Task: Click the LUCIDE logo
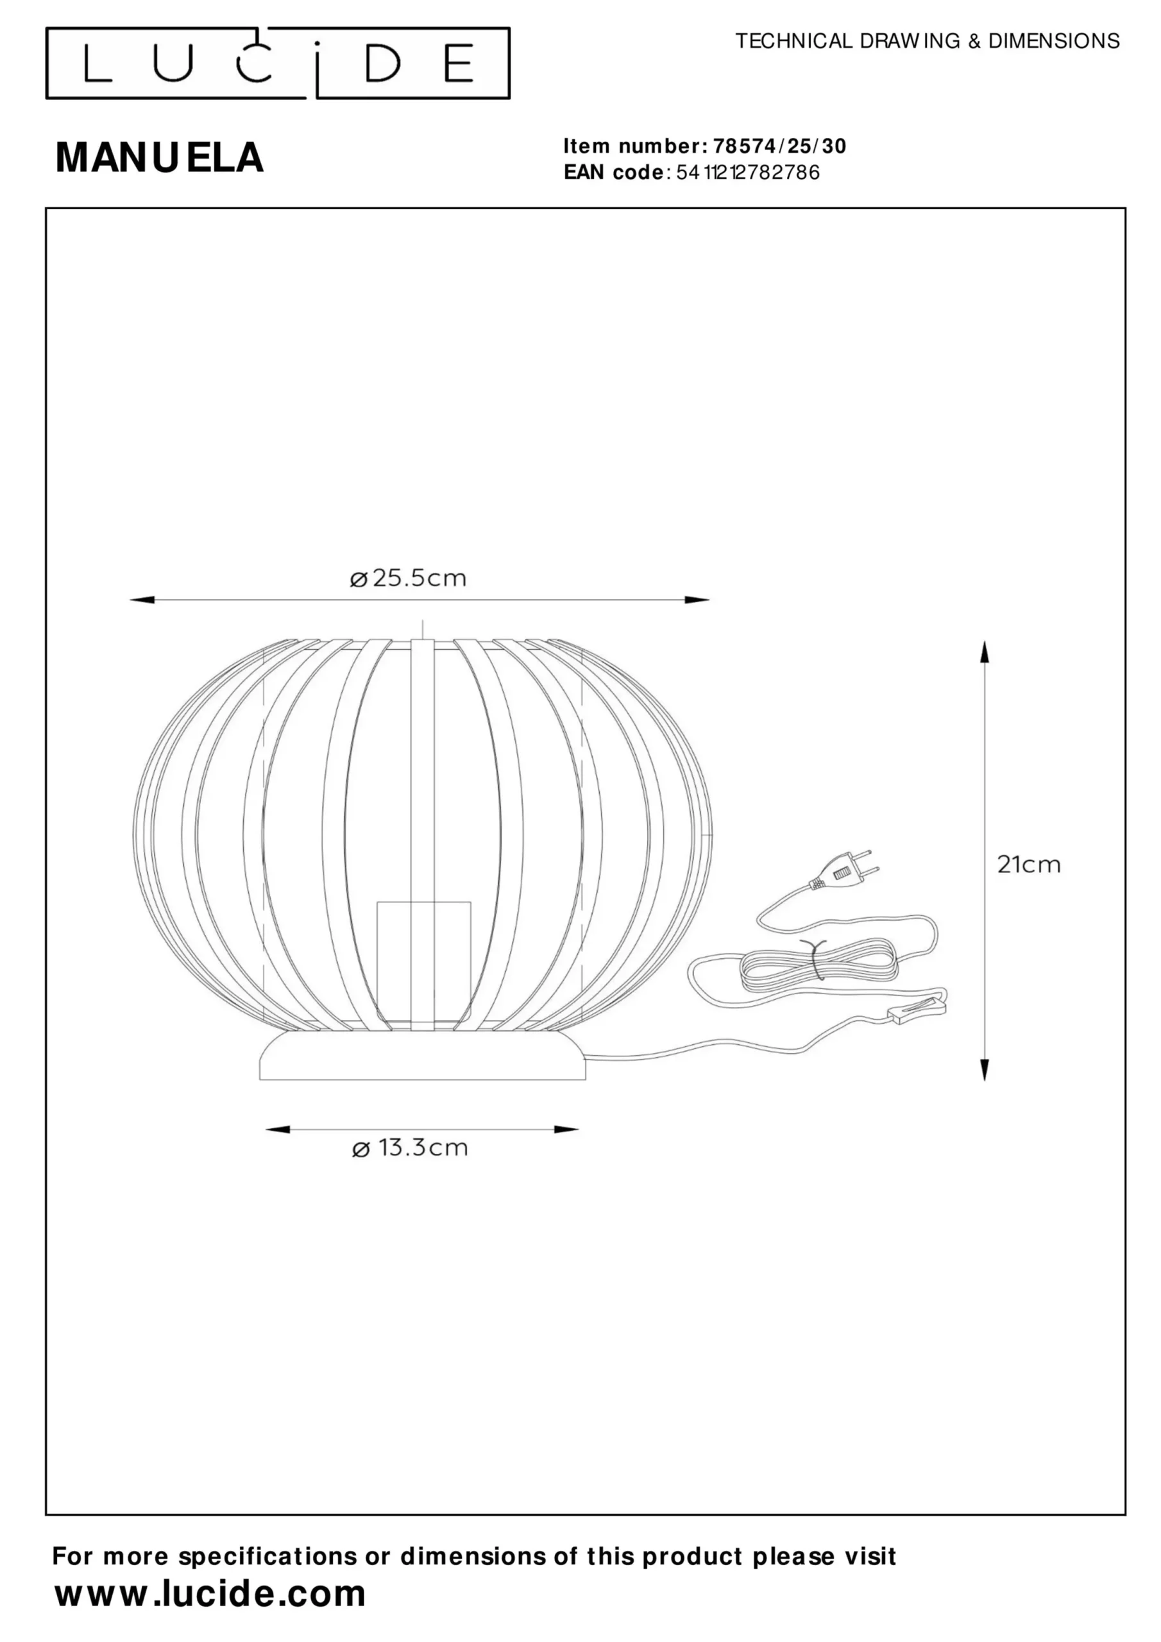pyautogui.click(x=278, y=63)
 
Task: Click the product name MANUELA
pyautogui.click(x=160, y=157)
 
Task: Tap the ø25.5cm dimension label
pyautogui.click(x=408, y=578)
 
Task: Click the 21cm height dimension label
pyautogui.click(x=1029, y=865)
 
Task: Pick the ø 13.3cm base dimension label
pyautogui.click(x=410, y=1148)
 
